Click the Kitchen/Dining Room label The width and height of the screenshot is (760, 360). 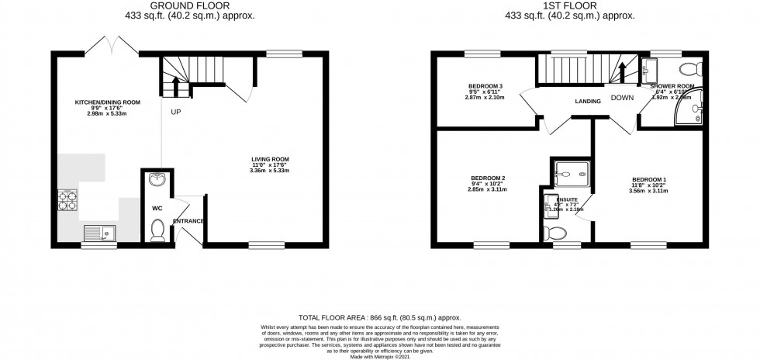107,102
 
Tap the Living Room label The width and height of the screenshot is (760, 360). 269,160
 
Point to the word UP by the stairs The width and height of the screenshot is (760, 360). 177,112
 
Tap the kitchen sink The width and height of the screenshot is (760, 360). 99,231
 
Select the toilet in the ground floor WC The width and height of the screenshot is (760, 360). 158,228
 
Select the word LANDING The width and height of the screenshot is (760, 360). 589,102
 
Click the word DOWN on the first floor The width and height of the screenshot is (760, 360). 622,98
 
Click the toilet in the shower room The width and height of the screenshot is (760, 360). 693,67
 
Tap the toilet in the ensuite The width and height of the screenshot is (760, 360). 556,233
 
